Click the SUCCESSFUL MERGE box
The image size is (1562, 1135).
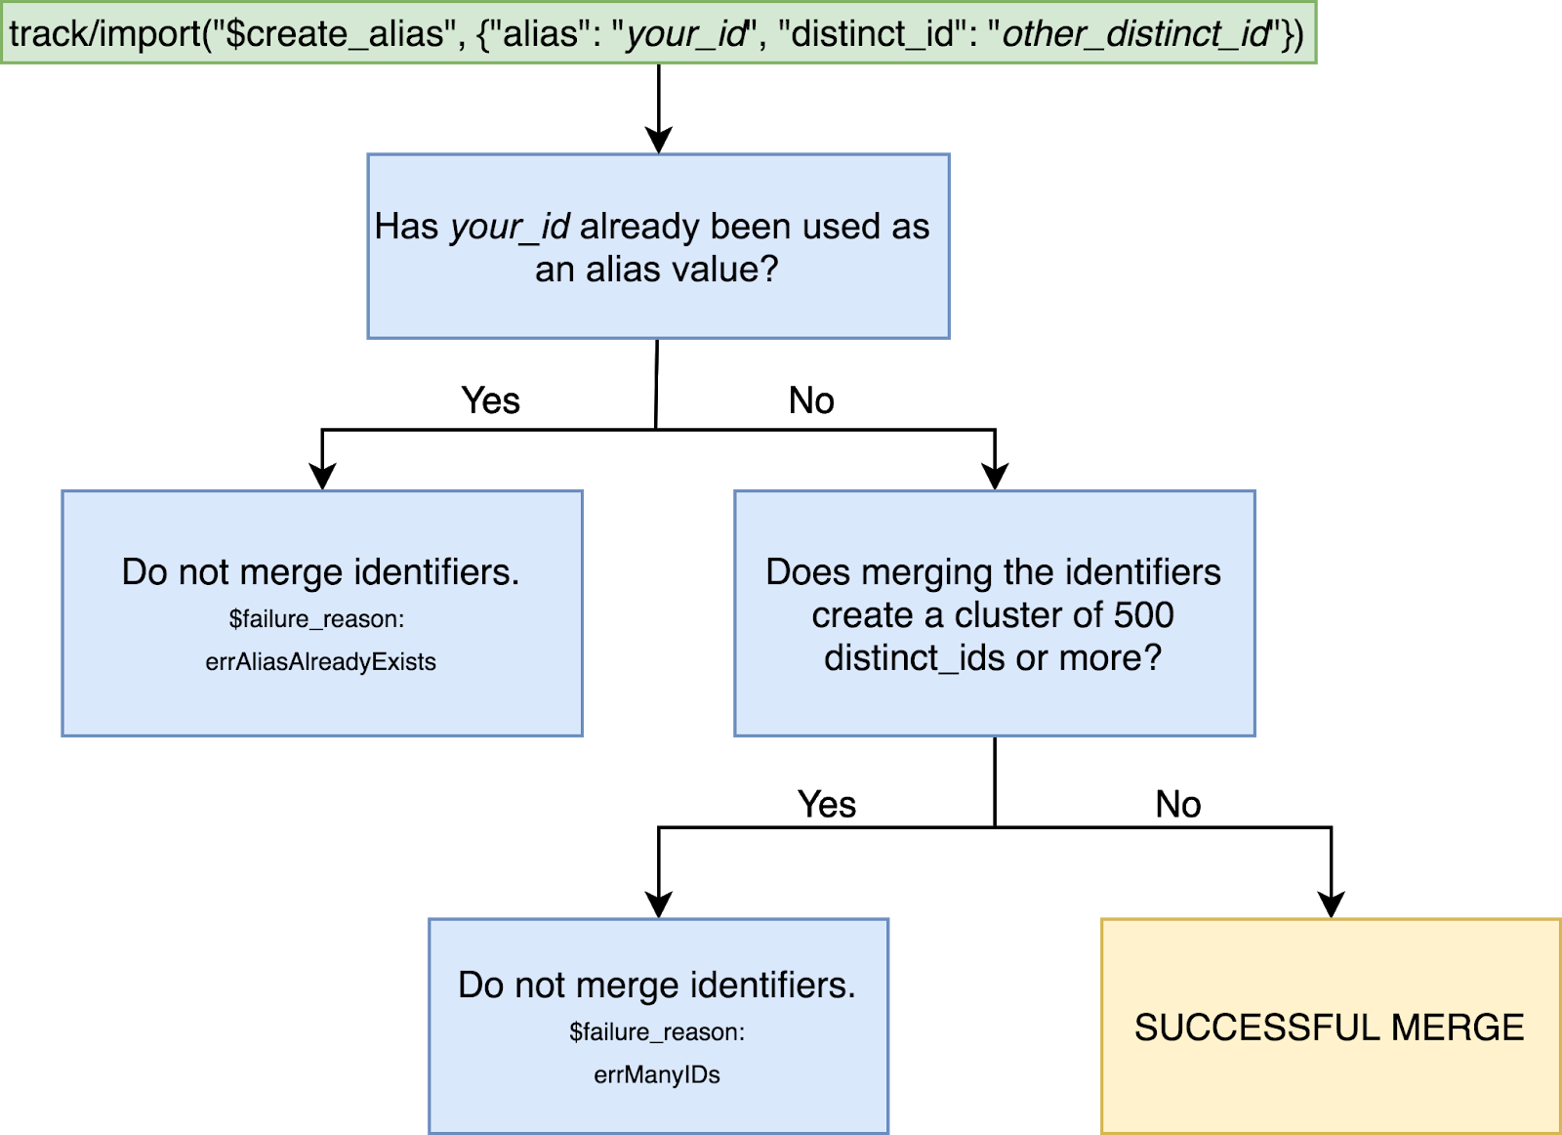(x=1331, y=1027)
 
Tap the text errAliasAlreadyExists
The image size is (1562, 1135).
(x=321, y=661)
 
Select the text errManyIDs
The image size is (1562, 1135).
(x=657, y=1074)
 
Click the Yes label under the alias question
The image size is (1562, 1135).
(x=491, y=400)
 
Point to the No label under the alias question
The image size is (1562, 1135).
(x=811, y=400)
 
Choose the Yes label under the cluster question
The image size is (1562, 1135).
(x=827, y=804)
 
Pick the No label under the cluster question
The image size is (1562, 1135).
(x=1178, y=804)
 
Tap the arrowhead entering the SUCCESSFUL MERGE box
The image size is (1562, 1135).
(x=1332, y=904)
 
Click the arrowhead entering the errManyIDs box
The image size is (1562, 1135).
(x=659, y=904)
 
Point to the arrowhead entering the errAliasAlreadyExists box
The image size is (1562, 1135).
(x=322, y=477)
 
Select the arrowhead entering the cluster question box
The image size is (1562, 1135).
(x=995, y=477)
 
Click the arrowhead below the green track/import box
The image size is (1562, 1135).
(x=659, y=140)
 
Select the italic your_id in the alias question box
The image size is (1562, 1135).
(x=511, y=227)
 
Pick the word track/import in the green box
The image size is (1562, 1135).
(x=105, y=33)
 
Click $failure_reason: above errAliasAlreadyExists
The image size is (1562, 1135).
(x=317, y=618)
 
